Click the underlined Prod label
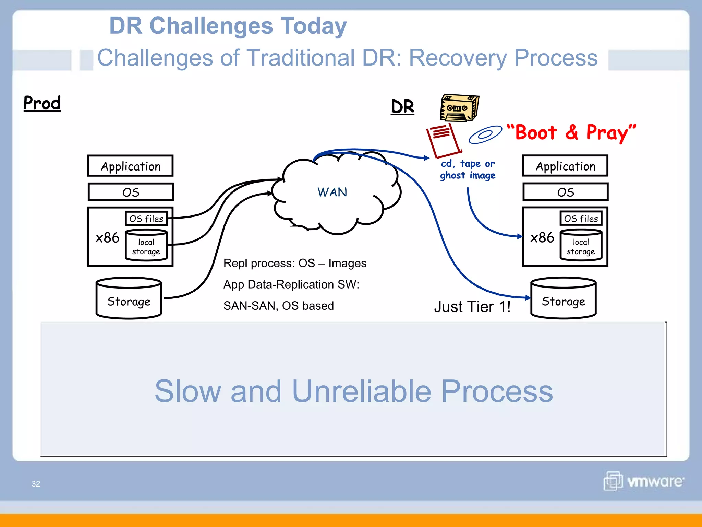pyautogui.click(x=42, y=103)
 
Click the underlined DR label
pyautogui.click(x=402, y=107)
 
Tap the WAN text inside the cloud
pyautogui.click(x=332, y=192)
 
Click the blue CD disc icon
pyautogui.click(x=485, y=134)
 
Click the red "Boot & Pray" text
pyautogui.click(x=571, y=133)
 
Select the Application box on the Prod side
pyautogui.click(x=130, y=166)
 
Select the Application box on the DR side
pyautogui.click(x=565, y=166)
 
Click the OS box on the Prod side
pyautogui.click(x=130, y=192)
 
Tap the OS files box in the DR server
pyautogui.click(x=581, y=219)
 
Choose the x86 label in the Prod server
pyautogui.click(x=107, y=237)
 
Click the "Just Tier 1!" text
pyautogui.click(x=472, y=306)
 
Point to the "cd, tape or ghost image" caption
pyautogui.click(x=468, y=169)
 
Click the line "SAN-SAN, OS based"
pyautogui.click(x=278, y=306)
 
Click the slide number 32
pyautogui.click(x=36, y=484)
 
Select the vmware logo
pyautogui.click(x=644, y=481)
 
